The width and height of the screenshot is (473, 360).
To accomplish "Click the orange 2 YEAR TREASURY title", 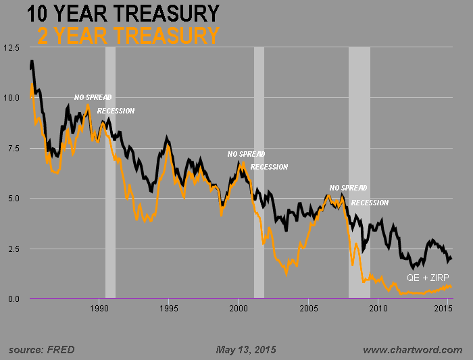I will (128, 36).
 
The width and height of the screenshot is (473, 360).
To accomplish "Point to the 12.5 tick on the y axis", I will (11, 48).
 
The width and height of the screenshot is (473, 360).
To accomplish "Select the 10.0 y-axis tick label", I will (11, 98).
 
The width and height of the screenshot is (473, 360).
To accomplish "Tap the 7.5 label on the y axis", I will (11, 148).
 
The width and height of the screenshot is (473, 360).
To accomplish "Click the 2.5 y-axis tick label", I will (11, 249).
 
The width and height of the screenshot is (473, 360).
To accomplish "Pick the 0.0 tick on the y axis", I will (11, 299).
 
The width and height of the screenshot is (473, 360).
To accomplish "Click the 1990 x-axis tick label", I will (99, 309).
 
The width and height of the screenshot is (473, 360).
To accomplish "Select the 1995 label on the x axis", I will (169, 309).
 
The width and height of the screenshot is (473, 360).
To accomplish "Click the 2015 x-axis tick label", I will (443, 309).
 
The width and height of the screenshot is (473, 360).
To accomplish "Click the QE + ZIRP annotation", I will (428, 278).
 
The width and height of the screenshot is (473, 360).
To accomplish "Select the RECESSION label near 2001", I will (269, 167).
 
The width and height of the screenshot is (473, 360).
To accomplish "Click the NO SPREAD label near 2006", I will (349, 188).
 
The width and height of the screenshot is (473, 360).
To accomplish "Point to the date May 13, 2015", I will (246, 349).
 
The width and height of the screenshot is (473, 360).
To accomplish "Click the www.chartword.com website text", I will (412, 349).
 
